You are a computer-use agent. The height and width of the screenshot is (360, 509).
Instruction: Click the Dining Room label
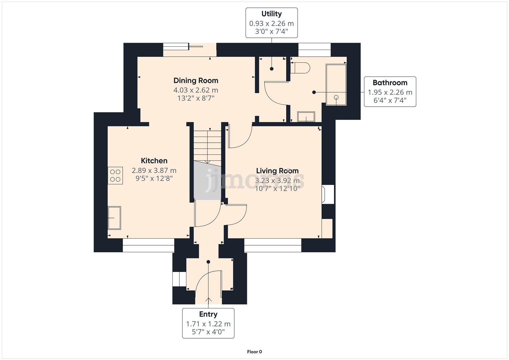pos(196,81)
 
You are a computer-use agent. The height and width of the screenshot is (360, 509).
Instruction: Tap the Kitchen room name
pos(154,161)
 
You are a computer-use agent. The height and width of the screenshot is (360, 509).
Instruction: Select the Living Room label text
pos(277,171)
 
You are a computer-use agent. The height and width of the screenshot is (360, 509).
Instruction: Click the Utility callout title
pos(272,14)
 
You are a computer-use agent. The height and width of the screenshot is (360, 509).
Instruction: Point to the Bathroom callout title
pos(390,83)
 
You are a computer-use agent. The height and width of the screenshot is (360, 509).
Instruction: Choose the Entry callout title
pos(208,314)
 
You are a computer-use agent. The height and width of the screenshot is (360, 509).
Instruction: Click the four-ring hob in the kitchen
pos(115,176)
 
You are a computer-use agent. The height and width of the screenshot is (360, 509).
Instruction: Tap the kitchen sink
pos(114,218)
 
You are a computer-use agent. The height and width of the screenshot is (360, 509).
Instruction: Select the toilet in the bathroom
pos(300,68)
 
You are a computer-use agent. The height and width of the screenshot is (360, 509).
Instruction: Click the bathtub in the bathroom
pos(336,85)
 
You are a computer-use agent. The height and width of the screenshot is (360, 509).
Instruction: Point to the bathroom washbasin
pos(306,117)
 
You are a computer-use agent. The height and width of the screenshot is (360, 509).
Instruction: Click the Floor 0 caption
pos(255,352)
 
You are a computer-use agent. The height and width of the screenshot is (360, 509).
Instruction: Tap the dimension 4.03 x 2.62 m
pos(196,90)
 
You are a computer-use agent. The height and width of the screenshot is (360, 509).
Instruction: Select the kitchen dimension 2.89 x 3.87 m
pos(154,170)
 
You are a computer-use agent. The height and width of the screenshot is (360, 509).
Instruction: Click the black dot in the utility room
pos(272,69)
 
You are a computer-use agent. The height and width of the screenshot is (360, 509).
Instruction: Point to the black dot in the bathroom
pos(314,92)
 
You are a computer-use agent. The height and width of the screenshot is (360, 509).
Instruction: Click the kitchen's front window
pos(148,245)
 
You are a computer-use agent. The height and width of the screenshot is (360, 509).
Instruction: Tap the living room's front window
pos(273,245)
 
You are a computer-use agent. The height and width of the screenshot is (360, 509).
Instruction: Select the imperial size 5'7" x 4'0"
pos(208,332)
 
